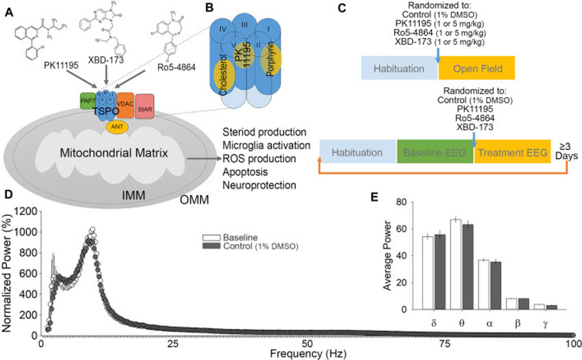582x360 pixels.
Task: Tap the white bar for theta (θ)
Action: click(455, 265)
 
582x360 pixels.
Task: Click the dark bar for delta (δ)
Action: click(439, 272)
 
